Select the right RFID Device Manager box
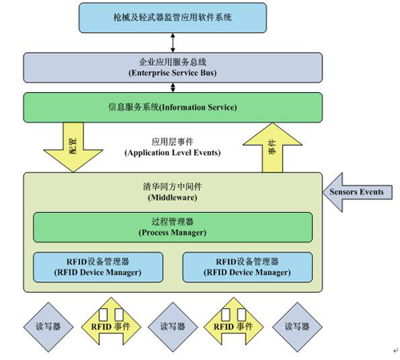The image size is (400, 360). tap(247, 266)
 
